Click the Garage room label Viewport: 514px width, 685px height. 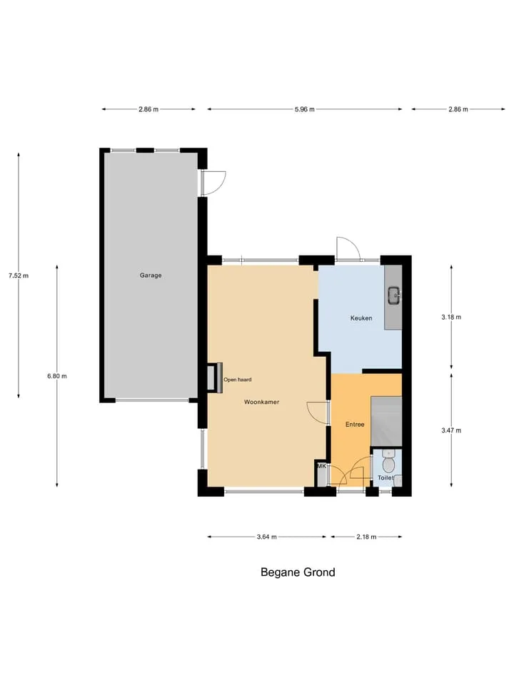151,275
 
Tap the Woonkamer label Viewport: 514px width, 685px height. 261,402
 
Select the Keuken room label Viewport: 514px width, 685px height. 361,318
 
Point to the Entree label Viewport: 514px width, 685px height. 355,424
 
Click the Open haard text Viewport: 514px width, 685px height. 237,380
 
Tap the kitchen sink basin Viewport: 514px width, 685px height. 395,295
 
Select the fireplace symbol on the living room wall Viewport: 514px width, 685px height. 215,378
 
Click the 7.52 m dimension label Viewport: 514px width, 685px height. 19,275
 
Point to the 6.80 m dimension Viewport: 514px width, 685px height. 57,376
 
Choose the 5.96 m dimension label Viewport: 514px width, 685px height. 304,109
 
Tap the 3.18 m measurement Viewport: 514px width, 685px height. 451,317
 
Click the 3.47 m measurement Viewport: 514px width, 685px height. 451,430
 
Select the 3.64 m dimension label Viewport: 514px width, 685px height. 266,537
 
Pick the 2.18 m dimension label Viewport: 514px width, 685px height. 366,537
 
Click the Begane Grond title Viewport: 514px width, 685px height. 298,572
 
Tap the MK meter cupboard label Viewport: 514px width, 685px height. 322,466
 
